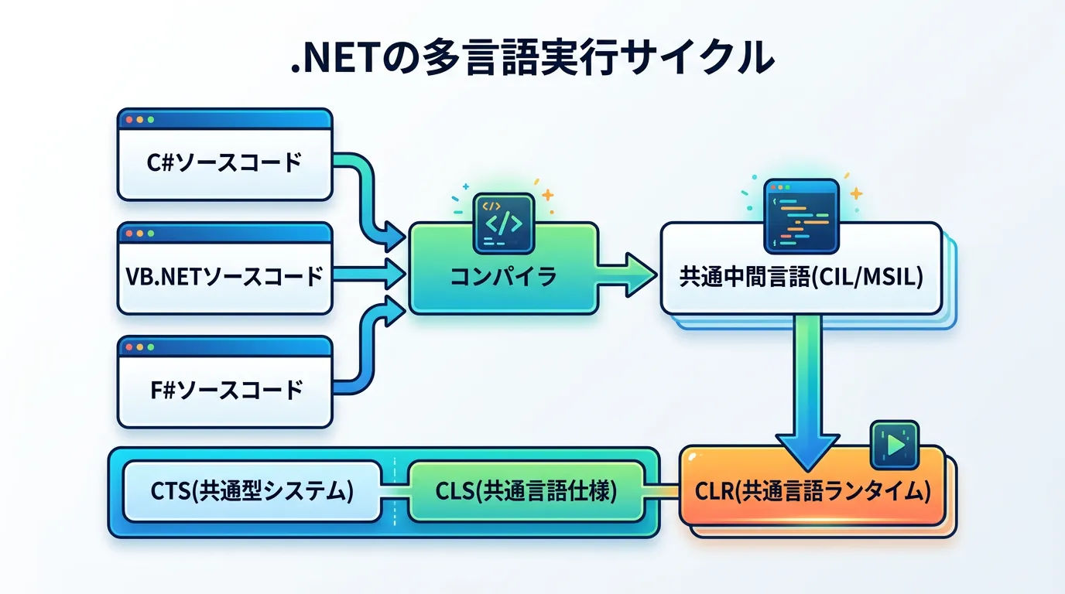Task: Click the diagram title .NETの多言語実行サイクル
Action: pyautogui.click(x=532, y=59)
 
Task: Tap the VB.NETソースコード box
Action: pyautogui.click(x=224, y=276)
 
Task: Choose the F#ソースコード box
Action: pyautogui.click(x=224, y=389)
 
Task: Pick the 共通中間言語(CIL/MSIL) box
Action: pyautogui.click(x=801, y=276)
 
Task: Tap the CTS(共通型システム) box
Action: pyautogui.click(x=252, y=492)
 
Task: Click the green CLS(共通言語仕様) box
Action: pyautogui.click(x=526, y=492)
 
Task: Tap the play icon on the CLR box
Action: pyautogui.click(x=895, y=445)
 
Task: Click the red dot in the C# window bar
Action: pyautogui.click(x=128, y=121)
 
